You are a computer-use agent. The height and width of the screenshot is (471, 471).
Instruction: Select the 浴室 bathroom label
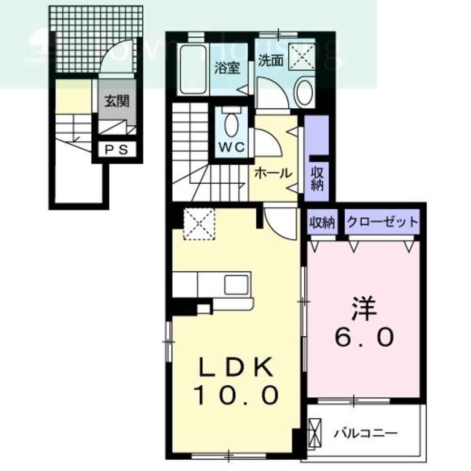click(227, 68)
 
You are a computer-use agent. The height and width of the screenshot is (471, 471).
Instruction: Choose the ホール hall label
click(273, 173)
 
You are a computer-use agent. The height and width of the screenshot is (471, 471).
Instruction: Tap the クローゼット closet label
click(382, 222)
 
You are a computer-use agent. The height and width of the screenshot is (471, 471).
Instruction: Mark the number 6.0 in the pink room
click(363, 337)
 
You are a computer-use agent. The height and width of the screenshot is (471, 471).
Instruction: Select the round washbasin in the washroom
click(305, 91)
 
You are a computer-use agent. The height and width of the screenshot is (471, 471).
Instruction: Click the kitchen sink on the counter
click(234, 284)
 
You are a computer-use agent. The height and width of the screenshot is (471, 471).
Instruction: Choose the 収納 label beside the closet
click(322, 222)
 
